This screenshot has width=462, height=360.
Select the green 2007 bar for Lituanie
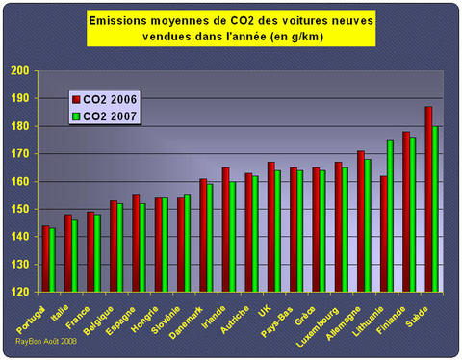pyautogui.click(x=390, y=216)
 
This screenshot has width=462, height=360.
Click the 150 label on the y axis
pyautogui.click(x=20, y=209)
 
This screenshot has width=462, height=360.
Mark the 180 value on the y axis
pyautogui.click(x=20, y=126)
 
